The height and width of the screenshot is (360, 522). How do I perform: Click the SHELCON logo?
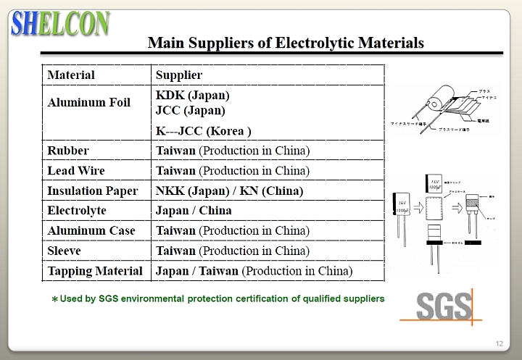[x=60, y=23]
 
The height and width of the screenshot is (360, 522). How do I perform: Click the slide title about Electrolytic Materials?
[x=286, y=43]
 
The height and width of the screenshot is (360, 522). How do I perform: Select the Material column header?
[x=71, y=75]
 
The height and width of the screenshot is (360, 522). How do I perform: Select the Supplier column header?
[x=179, y=75]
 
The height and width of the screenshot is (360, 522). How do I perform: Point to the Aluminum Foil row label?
[x=88, y=102]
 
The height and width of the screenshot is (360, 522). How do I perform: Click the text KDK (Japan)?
[x=192, y=95]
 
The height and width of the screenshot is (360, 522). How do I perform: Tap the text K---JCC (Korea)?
[x=204, y=131]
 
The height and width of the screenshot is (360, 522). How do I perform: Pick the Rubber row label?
[x=68, y=151]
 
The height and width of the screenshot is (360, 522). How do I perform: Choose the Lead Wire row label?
[x=75, y=171]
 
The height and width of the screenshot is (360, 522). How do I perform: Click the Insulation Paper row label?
[x=92, y=191]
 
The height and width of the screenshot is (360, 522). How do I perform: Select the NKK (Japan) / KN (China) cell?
[x=229, y=191]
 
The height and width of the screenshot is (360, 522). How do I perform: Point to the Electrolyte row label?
[x=77, y=211]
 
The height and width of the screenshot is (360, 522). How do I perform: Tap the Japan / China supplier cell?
[x=194, y=211]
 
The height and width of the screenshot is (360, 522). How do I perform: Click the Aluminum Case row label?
[x=91, y=231]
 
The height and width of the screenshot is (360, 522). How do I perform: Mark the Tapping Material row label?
[x=95, y=271]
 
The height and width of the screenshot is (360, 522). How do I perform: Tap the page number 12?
[x=499, y=343]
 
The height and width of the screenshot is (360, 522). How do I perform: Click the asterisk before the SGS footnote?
[x=54, y=299]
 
